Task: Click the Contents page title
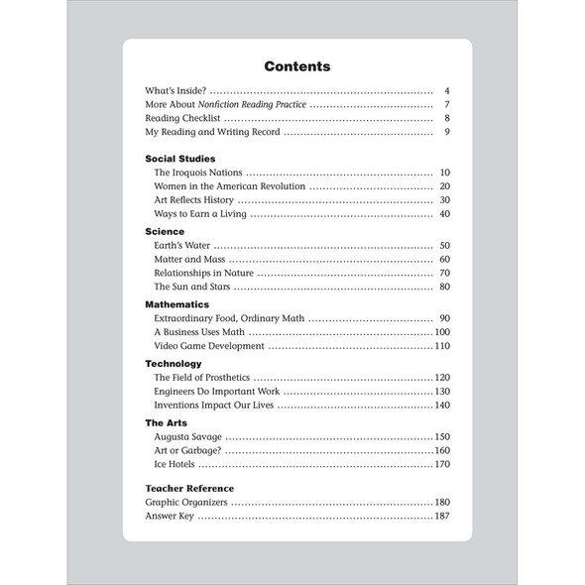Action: click(x=296, y=66)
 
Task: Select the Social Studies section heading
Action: click(x=179, y=158)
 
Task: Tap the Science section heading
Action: click(x=165, y=231)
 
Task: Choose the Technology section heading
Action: click(x=174, y=364)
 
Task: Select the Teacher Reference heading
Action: click(x=189, y=488)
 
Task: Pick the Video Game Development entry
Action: click(x=209, y=346)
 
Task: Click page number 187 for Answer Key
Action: click(x=442, y=517)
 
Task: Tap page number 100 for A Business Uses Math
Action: click(x=442, y=332)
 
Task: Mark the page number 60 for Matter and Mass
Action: click(x=445, y=259)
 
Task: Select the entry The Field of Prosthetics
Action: click(x=202, y=378)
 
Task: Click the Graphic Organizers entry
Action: click(x=186, y=503)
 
